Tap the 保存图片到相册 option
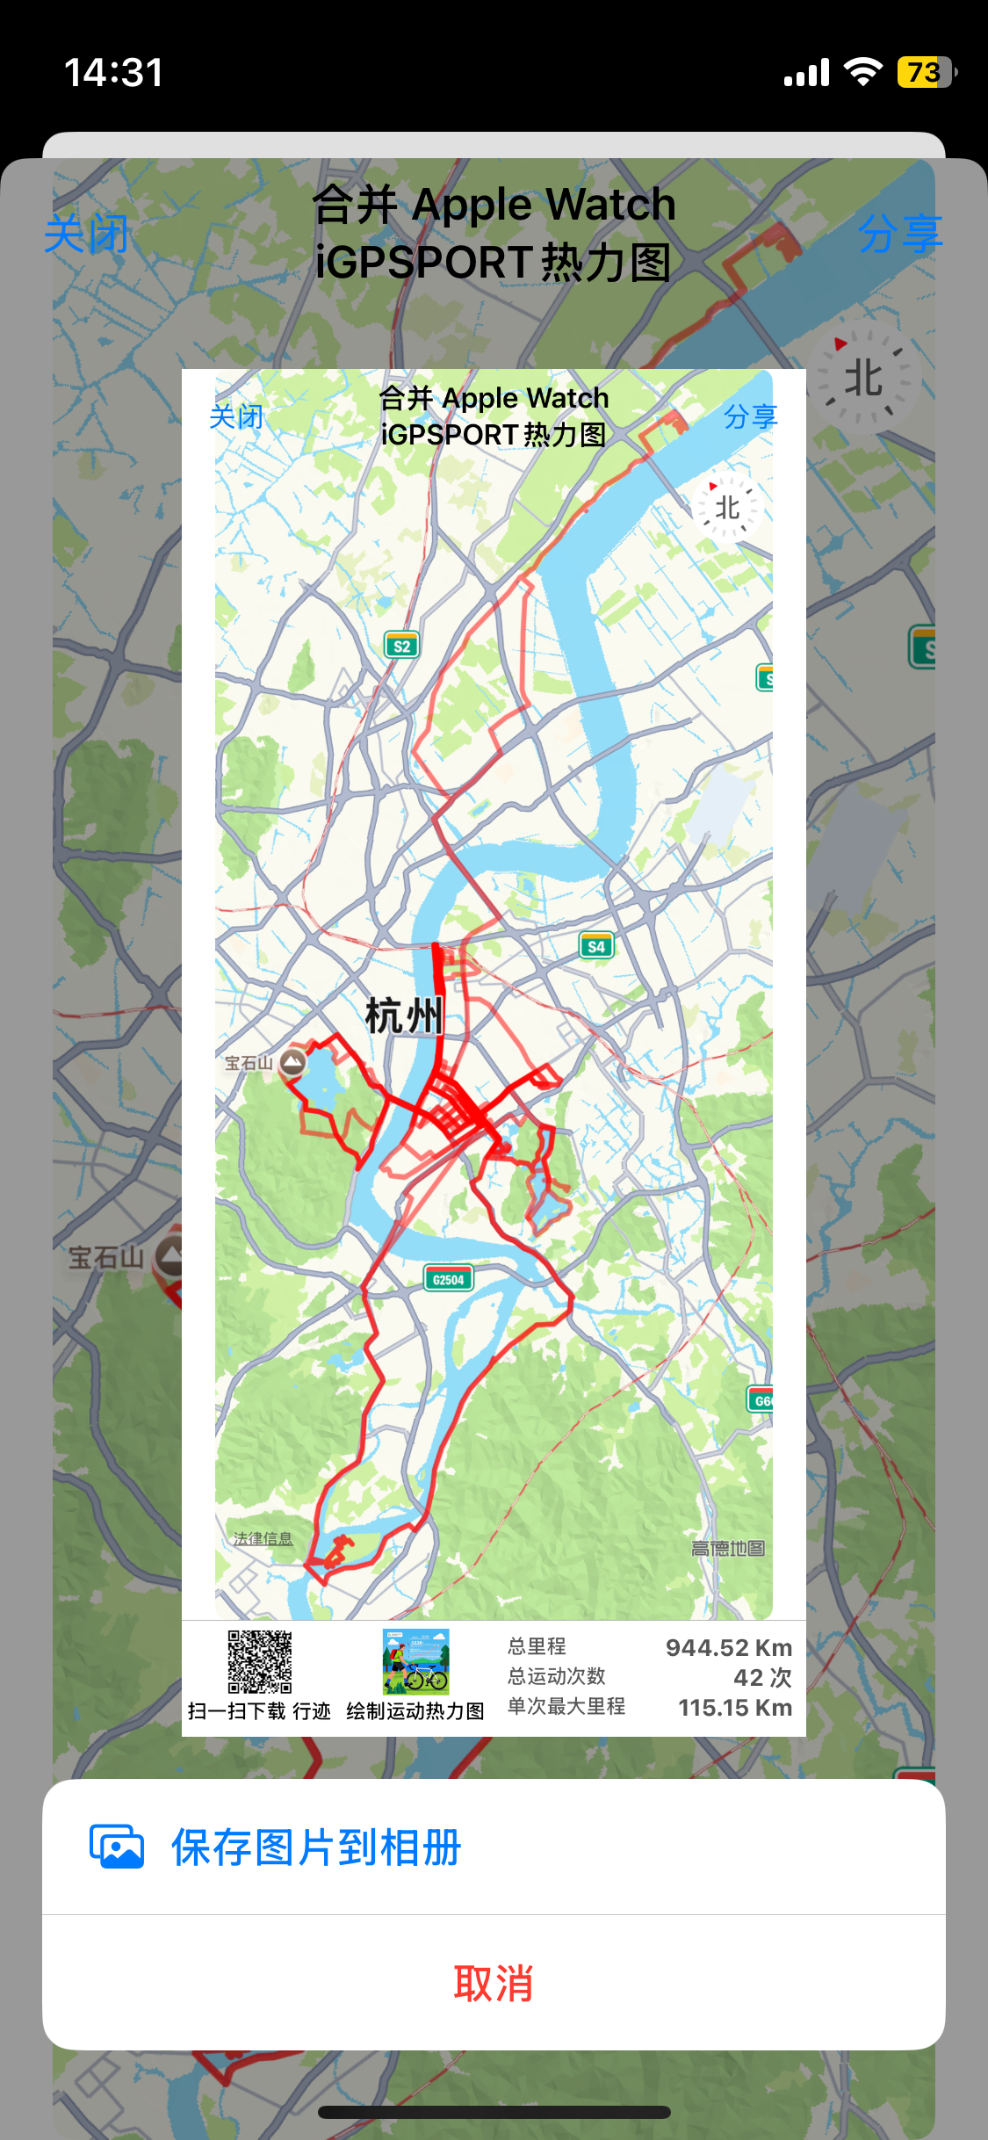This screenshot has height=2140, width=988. pyautogui.click(x=316, y=1847)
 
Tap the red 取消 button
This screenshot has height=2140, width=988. pyautogui.click(x=494, y=1983)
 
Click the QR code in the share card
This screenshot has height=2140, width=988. pyautogui.click(x=260, y=1661)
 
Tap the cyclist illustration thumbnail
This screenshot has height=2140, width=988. pyautogui.click(x=415, y=1661)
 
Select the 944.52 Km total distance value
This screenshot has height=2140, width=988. pyautogui.click(x=728, y=1647)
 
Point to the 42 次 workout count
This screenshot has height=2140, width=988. pyautogui.click(x=762, y=1677)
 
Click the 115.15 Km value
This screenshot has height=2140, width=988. pyautogui.click(x=734, y=1707)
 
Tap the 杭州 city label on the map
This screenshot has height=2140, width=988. pyautogui.click(x=404, y=1016)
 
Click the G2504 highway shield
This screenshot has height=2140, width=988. pyautogui.click(x=448, y=1279)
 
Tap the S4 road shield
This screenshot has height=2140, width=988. pyautogui.click(x=595, y=946)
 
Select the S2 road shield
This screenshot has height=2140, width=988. pyautogui.click(x=401, y=646)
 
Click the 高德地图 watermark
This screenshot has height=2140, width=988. pyautogui.click(x=727, y=1548)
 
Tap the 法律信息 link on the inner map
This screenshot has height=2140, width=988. pyautogui.click(x=263, y=1538)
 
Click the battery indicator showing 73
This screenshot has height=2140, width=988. pyautogui.click(x=925, y=72)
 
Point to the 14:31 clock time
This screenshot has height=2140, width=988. pyautogui.click(x=113, y=72)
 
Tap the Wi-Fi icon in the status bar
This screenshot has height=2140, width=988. pyautogui.click(x=862, y=72)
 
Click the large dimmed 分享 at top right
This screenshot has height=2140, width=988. pyautogui.click(x=899, y=234)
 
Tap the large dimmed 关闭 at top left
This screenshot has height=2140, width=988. pyautogui.click(x=86, y=234)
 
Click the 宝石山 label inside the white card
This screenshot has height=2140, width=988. pyautogui.click(x=249, y=1063)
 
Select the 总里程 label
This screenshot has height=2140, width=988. pyautogui.click(x=537, y=1646)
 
